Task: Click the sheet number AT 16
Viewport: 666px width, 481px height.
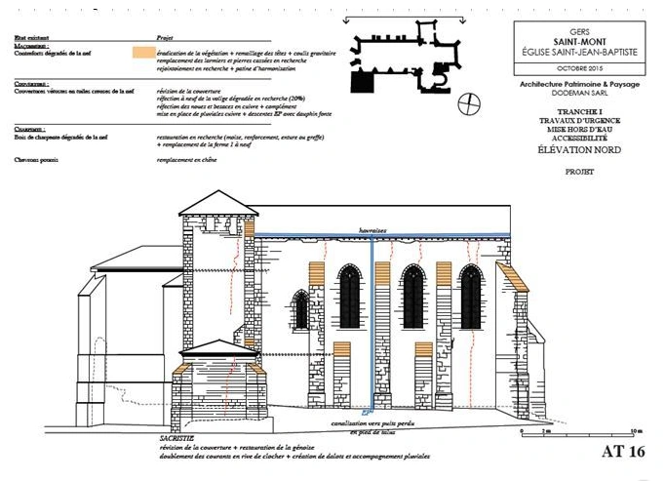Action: (x=625, y=452)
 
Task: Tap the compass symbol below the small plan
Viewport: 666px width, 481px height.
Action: (x=472, y=102)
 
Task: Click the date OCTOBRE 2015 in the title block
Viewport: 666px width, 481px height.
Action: (x=580, y=69)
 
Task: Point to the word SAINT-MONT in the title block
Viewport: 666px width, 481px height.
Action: (x=580, y=42)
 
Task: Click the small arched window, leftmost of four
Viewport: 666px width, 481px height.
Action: (x=301, y=309)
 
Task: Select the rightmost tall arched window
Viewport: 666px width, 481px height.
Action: (x=471, y=296)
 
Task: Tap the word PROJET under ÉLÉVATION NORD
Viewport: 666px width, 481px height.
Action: (x=580, y=172)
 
